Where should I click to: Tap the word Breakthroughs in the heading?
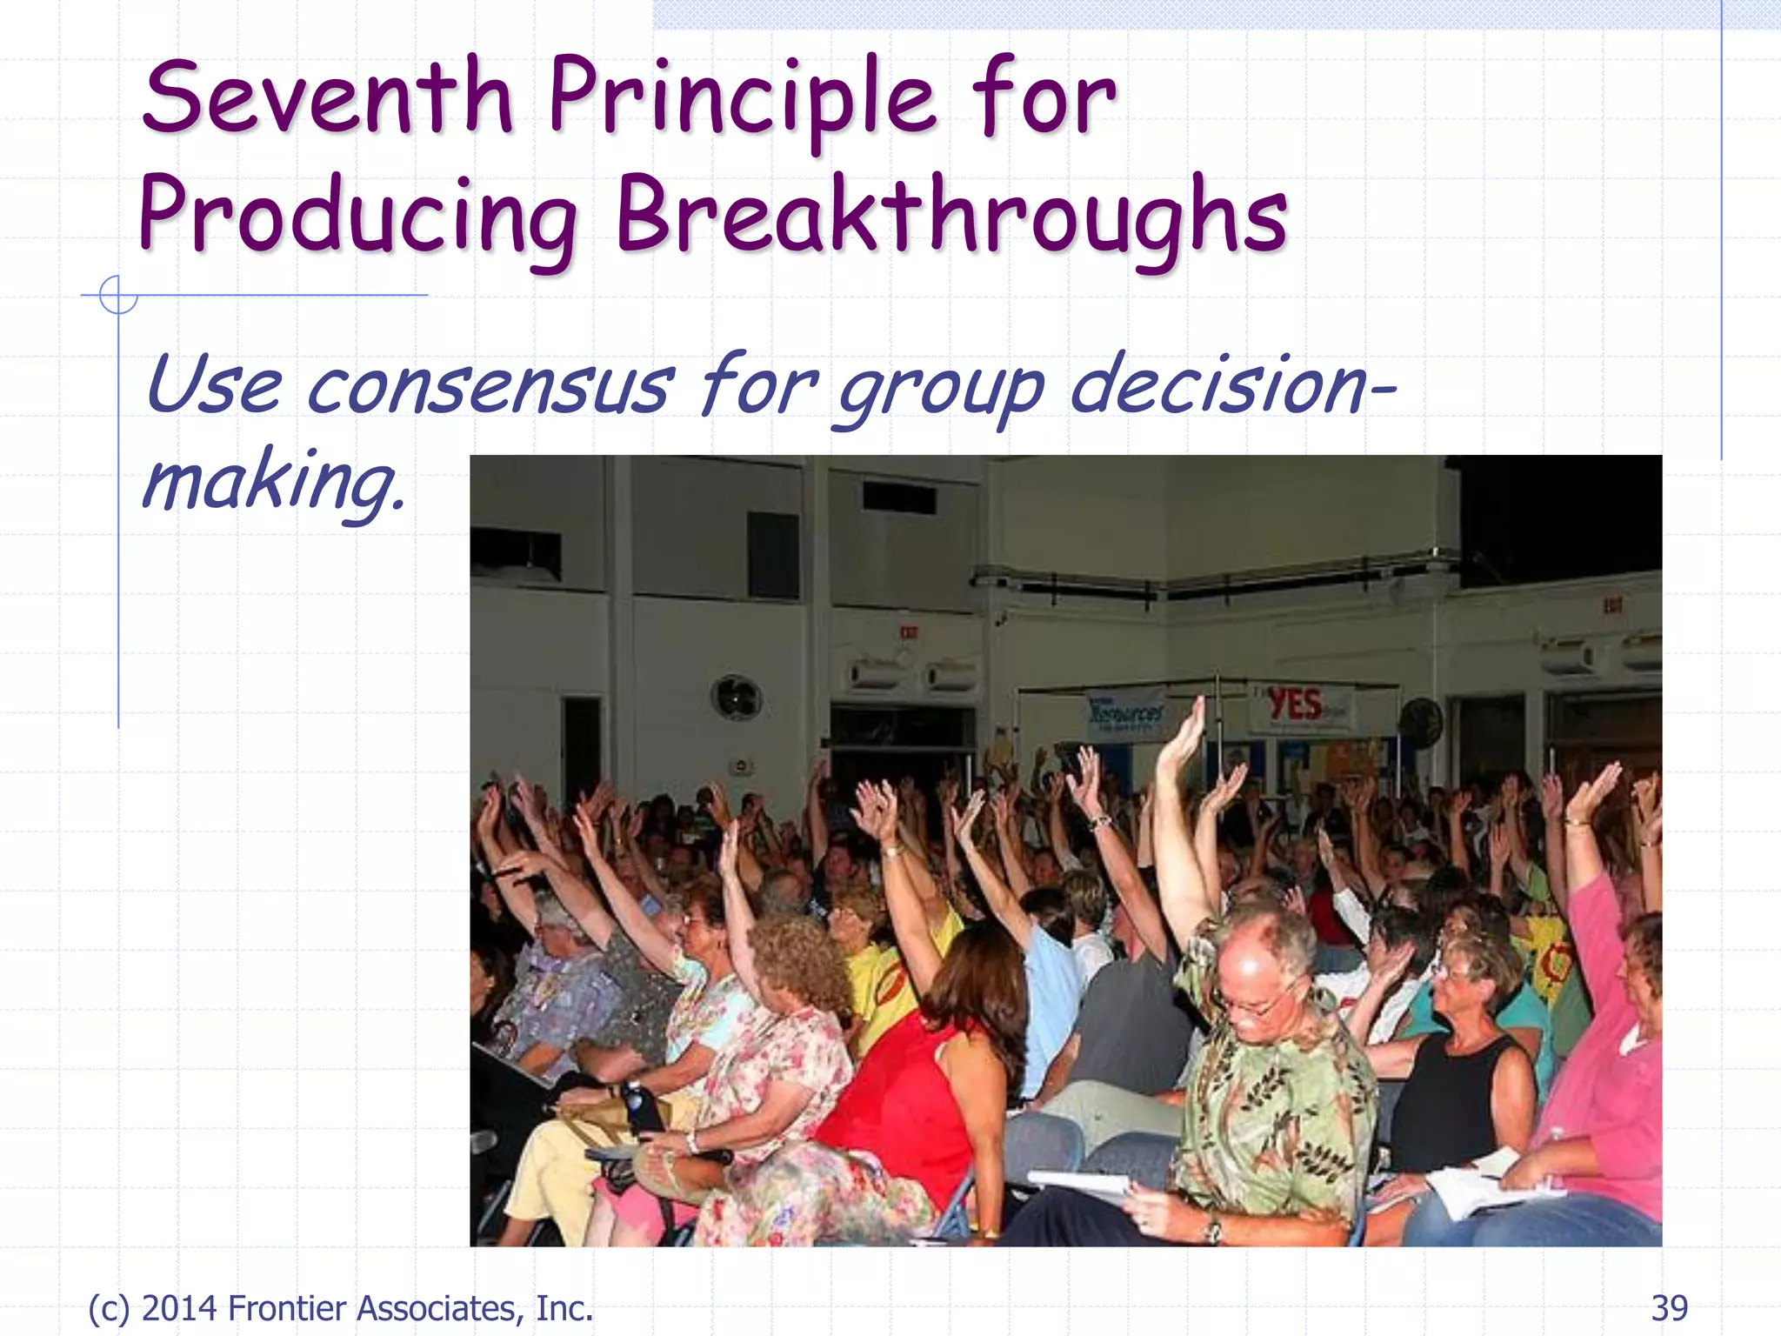pyautogui.click(x=951, y=216)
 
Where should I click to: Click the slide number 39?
pyautogui.click(x=1669, y=1308)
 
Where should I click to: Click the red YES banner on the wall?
pyautogui.click(x=1296, y=705)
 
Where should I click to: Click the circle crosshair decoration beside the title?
pyautogui.click(x=117, y=295)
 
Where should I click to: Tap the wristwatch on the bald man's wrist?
pyautogui.click(x=1211, y=1229)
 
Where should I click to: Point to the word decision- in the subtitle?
pyautogui.click(x=1231, y=385)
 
